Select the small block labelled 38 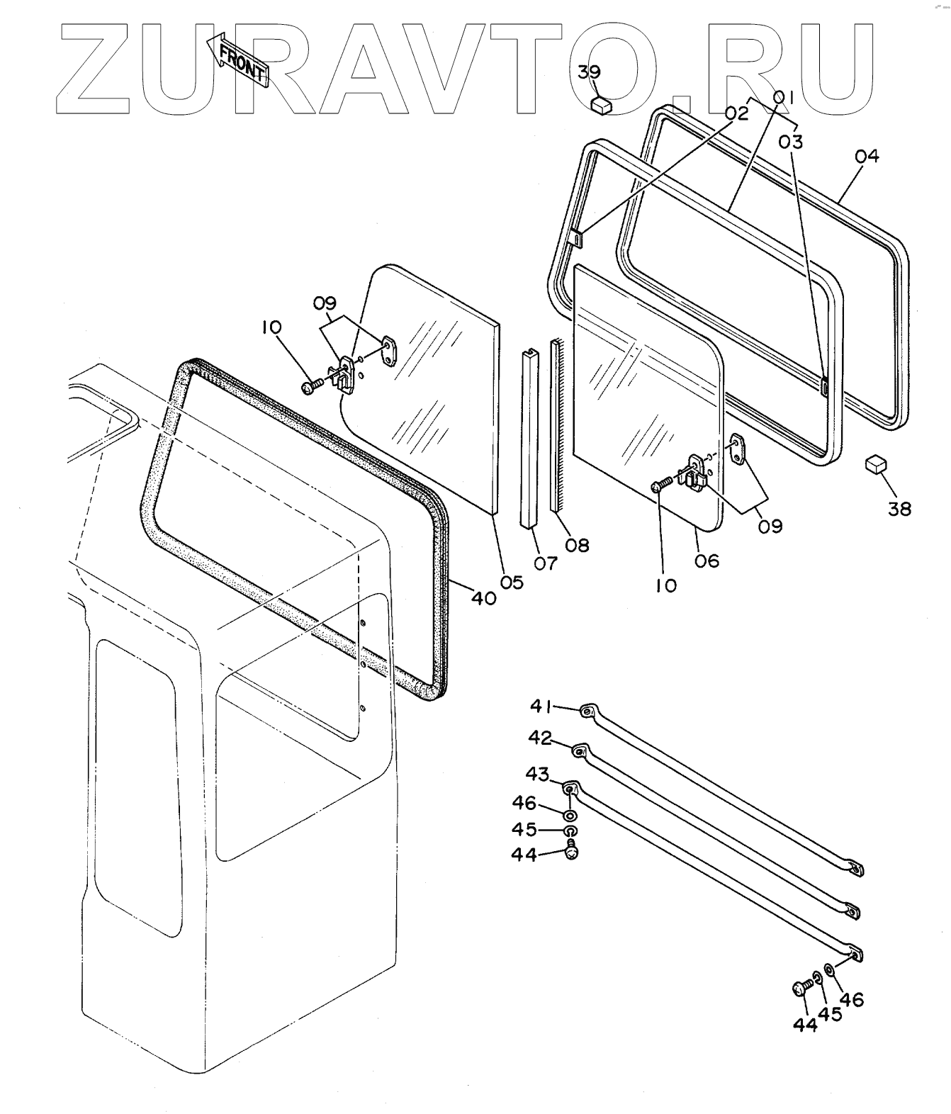(x=876, y=465)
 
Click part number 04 (x=866, y=156)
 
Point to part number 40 (x=483, y=598)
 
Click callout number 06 (x=546, y=563)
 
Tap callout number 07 (x=578, y=545)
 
